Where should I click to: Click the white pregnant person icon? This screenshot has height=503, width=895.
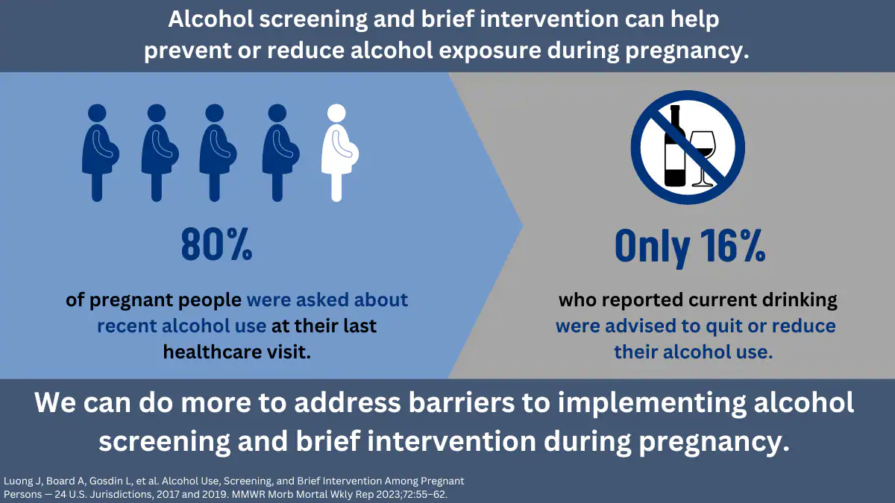point(339,153)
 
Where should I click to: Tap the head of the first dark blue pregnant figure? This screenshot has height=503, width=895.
point(97,113)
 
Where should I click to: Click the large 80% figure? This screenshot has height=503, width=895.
point(216,244)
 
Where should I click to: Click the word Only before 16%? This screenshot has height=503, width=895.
point(652,247)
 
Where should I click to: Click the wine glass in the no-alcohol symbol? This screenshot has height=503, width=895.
point(703,159)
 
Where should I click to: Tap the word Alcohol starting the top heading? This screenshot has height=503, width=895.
point(210,19)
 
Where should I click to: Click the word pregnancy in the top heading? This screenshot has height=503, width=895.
point(687,51)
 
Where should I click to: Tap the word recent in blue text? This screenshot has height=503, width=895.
point(127,326)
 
